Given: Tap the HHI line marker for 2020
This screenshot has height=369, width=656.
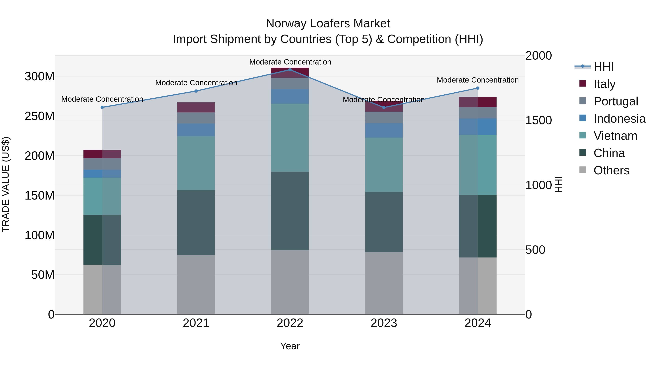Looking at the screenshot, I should pyautogui.click(x=102, y=108).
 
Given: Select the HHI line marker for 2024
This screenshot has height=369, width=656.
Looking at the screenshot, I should pyautogui.click(x=478, y=88).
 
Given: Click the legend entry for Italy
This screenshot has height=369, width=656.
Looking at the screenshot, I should pyautogui.click(x=604, y=84).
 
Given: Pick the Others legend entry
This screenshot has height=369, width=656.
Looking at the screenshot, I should pyautogui.click(x=611, y=170).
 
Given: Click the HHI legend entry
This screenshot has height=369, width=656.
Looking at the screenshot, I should pyautogui.click(x=603, y=67).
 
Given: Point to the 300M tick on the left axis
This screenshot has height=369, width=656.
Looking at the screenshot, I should pyautogui.click(x=40, y=76).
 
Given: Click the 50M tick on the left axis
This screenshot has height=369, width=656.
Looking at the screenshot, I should pyautogui.click(x=43, y=275).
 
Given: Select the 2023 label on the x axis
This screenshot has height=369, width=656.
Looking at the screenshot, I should pyautogui.click(x=384, y=323).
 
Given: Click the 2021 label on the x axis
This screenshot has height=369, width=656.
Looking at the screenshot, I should pyautogui.click(x=196, y=323).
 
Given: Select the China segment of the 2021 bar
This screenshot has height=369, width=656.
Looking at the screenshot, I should pyautogui.click(x=196, y=222).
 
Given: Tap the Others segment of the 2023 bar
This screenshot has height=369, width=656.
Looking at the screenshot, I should pyautogui.click(x=384, y=283).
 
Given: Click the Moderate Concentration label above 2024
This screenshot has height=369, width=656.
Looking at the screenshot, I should pyautogui.click(x=478, y=80).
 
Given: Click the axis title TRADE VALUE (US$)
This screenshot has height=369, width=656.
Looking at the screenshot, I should pyautogui.click(x=6, y=184).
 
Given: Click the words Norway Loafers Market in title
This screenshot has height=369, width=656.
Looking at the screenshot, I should pyautogui.click(x=328, y=24).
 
